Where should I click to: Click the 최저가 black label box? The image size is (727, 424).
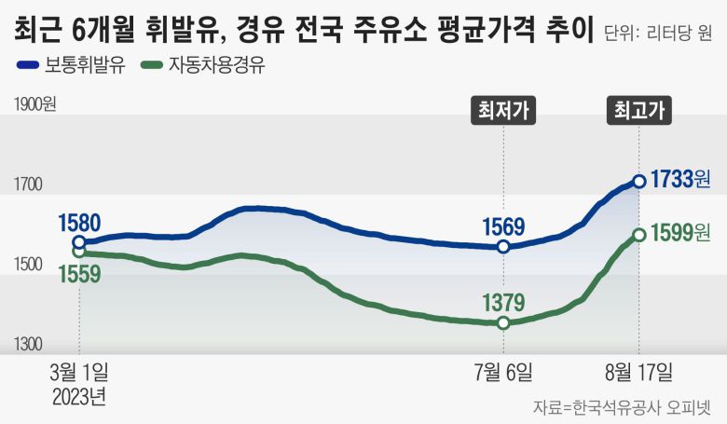click(x=503, y=111)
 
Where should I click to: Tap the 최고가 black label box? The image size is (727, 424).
click(x=639, y=111)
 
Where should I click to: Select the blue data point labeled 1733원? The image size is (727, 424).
click(x=638, y=181)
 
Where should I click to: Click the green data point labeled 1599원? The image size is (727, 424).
click(x=638, y=235)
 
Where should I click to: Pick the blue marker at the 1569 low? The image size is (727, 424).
click(x=503, y=247)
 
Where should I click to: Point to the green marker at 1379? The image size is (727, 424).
click(x=503, y=322)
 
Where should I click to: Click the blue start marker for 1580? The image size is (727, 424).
click(x=80, y=242)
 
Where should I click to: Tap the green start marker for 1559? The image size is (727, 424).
click(x=80, y=252)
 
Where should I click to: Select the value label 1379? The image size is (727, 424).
click(x=503, y=301)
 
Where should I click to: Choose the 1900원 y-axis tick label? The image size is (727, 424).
click(x=35, y=104)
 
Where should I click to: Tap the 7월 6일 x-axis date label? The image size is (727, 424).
click(x=503, y=373)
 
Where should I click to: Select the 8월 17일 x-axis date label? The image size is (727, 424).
click(x=639, y=373)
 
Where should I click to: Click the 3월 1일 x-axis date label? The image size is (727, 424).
click(x=80, y=373)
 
